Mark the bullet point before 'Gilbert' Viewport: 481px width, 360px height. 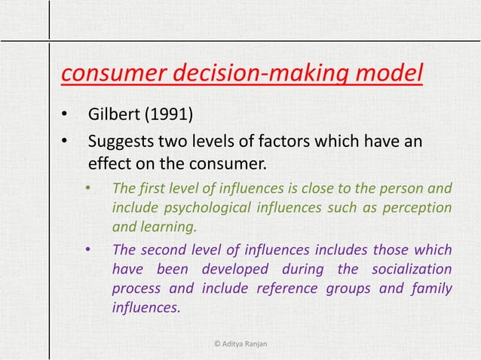coord(65,117)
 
